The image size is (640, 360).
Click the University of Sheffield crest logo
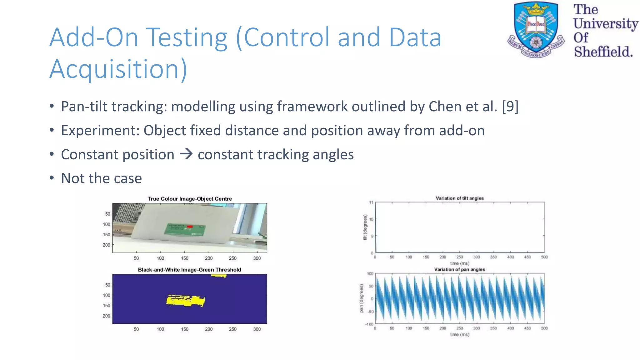pyautogui.click(x=536, y=30)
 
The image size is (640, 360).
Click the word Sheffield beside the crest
pyautogui.click(x=603, y=52)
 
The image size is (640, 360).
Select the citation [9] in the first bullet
pyautogui.click(x=510, y=107)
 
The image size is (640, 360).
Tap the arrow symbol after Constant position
pyautogui.click(x=186, y=154)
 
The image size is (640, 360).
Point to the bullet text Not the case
pyautogui.click(x=101, y=178)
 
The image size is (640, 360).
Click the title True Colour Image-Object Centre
pyautogui.click(x=190, y=199)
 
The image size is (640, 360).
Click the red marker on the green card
pyautogui.click(x=190, y=226)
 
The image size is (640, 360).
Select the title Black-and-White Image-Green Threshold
pyautogui.click(x=189, y=270)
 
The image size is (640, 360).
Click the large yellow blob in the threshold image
pyautogui.click(x=186, y=301)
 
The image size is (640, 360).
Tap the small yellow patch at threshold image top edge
pyautogui.click(x=219, y=276)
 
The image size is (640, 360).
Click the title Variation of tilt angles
pyautogui.click(x=460, y=198)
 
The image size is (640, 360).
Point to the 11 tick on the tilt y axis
pyautogui.click(x=371, y=202)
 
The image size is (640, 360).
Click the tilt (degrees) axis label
pyautogui.click(x=365, y=227)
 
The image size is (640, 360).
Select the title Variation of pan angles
pyautogui.click(x=459, y=269)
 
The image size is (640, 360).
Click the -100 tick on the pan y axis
pyautogui.click(x=369, y=324)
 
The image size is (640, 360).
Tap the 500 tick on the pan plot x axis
pyautogui.click(x=544, y=328)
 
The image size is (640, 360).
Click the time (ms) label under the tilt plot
pyautogui.click(x=459, y=263)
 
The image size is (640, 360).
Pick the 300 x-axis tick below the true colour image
pyautogui.click(x=257, y=258)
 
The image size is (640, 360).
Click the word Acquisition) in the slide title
pyautogui.click(x=118, y=69)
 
